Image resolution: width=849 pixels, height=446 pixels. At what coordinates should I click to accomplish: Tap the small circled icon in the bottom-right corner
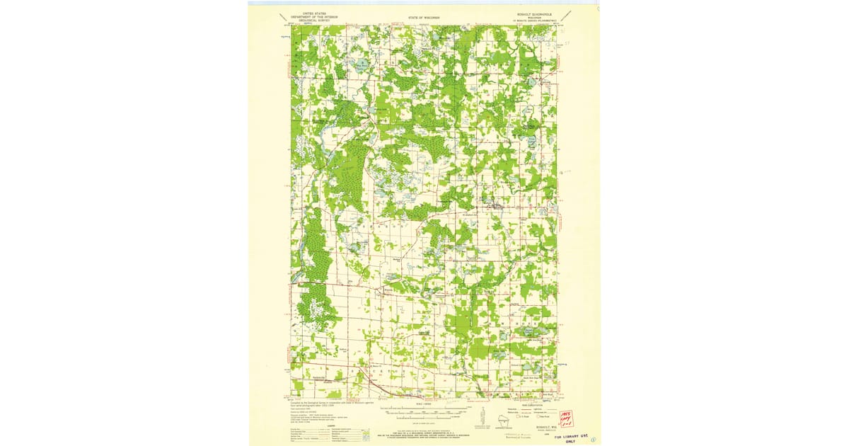click(x=592, y=439)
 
